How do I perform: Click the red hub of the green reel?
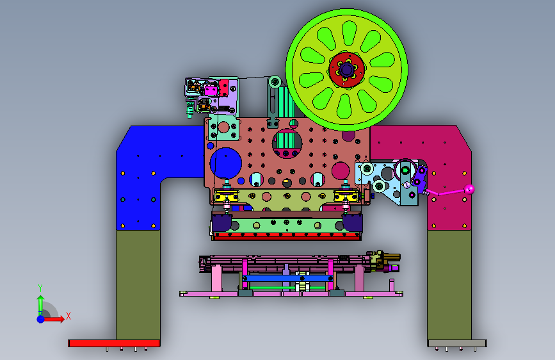click(346, 70)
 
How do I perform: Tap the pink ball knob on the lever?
click(469, 189)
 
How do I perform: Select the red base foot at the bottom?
click(114, 343)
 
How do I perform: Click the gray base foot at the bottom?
click(457, 343)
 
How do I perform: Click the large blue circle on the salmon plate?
click(226, 163)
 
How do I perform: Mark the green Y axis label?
click(40, 288)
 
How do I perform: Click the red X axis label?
click(68, 316)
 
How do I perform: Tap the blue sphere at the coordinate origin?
click(41, 319)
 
